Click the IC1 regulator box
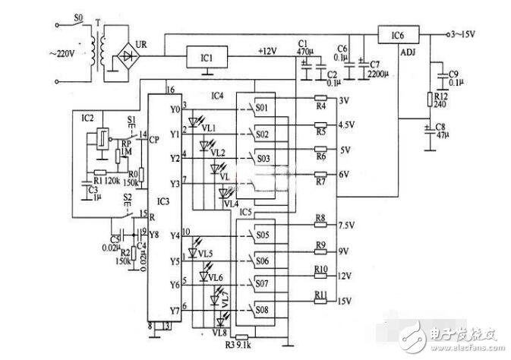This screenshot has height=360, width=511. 207,57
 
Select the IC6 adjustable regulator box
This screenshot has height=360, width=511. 396,36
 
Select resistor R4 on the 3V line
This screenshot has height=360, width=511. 320,99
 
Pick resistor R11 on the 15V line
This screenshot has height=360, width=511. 320,296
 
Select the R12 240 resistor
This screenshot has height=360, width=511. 431,99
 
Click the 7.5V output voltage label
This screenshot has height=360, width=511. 347,226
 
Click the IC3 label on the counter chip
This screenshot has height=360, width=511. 162,201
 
